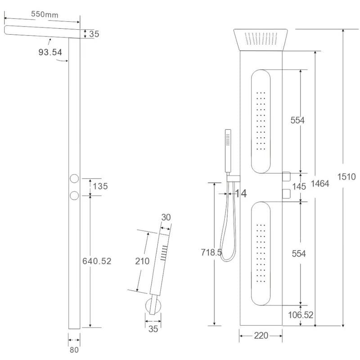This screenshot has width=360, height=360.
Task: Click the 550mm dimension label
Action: (x=45, y=14)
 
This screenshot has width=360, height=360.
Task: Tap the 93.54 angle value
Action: (x=50, y=52)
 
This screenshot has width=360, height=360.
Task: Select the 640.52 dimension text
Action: (x=97, y=261)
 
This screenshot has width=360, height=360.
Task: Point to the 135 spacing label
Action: (x=100, y=186)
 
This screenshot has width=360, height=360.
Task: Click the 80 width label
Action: (x=74, y=350)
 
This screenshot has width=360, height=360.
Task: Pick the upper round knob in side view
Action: (x=74, y=178)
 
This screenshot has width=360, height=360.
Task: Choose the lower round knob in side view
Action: (x=74, y=196)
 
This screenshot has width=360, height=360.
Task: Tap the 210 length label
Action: (x=142, y=261)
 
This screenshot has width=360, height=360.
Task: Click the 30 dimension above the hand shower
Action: (x=166, y=217)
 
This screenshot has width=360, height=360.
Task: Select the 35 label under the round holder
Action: (x=153, y=329)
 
